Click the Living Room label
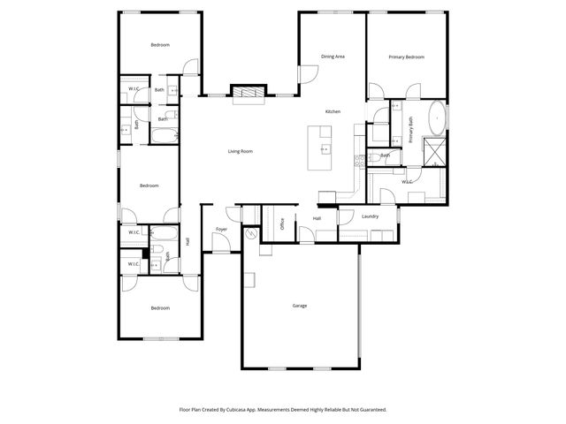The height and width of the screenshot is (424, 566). tap(241, 151)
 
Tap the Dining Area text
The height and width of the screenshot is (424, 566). tap(333, 57)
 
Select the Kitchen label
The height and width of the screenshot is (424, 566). tap(333, 111)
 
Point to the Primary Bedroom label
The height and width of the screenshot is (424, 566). tap(407, 57)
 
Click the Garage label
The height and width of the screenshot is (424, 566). tap(300, 306)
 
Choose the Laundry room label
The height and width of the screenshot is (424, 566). tap(371, 216)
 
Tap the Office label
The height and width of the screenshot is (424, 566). tap(282, 223)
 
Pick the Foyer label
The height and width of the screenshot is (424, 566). tap(222, 230)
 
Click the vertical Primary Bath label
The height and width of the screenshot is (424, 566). tap(411, 131)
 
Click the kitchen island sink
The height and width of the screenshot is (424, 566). tap(325, 148)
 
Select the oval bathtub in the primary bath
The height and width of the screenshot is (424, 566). tap(438, 117)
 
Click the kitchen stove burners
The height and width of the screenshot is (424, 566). tap(359, 162)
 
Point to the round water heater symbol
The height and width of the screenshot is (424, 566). tap(251, 234)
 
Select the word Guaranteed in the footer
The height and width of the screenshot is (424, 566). tap(370, 410)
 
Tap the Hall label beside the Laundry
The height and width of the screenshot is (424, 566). tap(316, 217)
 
